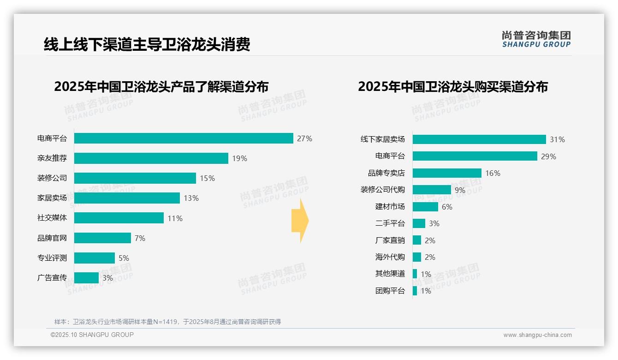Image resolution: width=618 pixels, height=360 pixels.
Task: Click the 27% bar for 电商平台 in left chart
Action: pos(184,138)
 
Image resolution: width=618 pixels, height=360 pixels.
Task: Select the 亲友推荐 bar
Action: pos(151,158)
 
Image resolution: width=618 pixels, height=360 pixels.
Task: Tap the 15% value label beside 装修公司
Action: pos(207,178)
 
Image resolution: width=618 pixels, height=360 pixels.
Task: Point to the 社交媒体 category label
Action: pos(52,218)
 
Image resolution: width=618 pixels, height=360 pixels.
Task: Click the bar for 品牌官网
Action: pos(102,238)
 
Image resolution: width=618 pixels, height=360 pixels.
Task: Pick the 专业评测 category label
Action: pos(52,258)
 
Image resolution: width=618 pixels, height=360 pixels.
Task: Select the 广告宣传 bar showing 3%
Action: pos(86,278)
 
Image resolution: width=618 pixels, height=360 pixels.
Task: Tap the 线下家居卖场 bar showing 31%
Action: pos(479,139)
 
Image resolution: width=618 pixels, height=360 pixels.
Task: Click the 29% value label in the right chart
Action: pos(548,156)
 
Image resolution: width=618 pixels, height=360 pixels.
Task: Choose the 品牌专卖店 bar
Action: pos(447,173)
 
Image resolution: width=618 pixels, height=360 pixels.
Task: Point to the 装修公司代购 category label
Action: pos(382,190)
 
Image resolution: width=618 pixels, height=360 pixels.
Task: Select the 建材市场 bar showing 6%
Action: pos(425,207)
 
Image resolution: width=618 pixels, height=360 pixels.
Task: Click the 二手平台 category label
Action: pos(390,223)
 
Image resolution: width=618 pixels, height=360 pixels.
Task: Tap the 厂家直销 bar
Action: pos(417,240)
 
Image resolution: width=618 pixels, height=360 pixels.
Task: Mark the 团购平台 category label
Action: pos(390,291)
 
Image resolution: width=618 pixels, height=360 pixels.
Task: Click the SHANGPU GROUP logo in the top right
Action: pos(536,39)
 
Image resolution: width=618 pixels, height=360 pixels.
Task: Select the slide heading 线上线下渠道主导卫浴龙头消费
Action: pos(147,45)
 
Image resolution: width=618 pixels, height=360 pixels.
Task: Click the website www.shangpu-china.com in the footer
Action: pos(537,335)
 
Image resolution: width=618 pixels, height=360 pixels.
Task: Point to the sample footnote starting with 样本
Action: pos(167,322)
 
